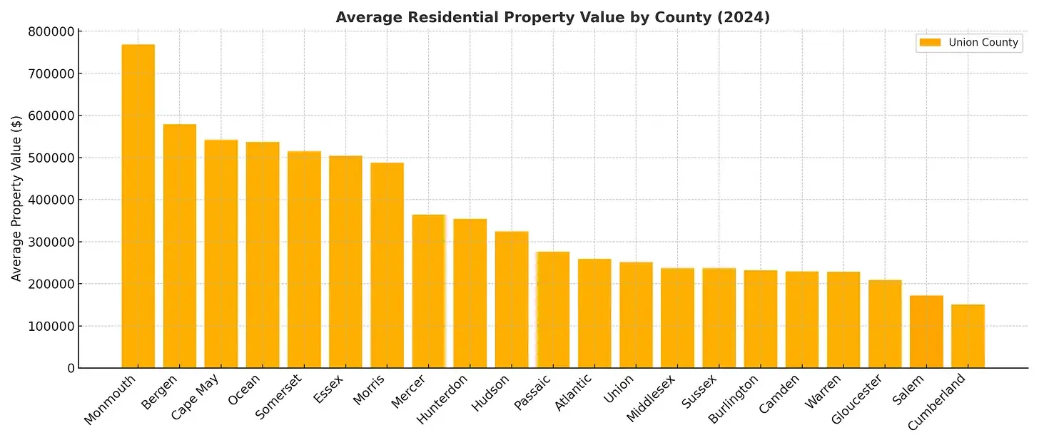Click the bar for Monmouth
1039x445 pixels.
click(x=138, y=206)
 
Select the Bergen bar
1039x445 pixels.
click(x=180, y=246)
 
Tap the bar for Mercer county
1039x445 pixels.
click(x=429, y=291)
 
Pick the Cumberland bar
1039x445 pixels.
click(x=968, y=336)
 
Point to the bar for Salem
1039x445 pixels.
click(x=926, y=332)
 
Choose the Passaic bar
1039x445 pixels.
click(x=553, y=310)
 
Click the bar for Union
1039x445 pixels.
click(x=636, y=315)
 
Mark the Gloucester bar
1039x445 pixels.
click(x=885, y=324)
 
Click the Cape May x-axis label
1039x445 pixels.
click(x=195, y=398)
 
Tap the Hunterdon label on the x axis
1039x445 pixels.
click(x=442, y=399)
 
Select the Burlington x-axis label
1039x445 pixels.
click(x=734, y=399)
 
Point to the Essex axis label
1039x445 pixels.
click(x=328, y=389)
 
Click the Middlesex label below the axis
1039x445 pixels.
click(x=650, y=399)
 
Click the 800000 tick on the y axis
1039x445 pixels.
click(x=51, y=31)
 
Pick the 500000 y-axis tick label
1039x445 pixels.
click(x=51, y=158)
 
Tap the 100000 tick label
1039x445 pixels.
click(x=51, y=327)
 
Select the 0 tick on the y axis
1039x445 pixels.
click(x=71, y=369)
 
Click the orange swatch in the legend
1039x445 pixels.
click(x=930, y=42)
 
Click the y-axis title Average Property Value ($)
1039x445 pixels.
click(x=16, y=198)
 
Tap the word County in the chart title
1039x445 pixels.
click(x=683, y=17)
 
